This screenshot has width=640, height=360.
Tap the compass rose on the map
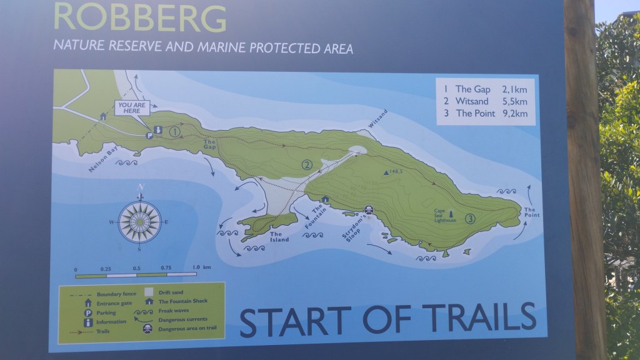click(x=139, y=221)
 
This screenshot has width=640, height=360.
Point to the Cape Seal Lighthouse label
click(x=445, y=216)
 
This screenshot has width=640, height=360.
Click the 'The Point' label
click(x=530, y=212)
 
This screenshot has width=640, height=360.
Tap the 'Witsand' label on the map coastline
click(x=377, y=119)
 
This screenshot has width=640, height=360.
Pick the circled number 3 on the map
click(x=469, y=219)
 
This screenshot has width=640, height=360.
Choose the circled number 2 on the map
click(x=306, y=165)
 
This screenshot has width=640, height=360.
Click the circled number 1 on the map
click(x=175, y=131)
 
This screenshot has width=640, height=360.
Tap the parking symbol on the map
click(x=150, y=135)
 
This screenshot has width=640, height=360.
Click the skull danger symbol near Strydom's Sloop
click(x=369, y=211)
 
